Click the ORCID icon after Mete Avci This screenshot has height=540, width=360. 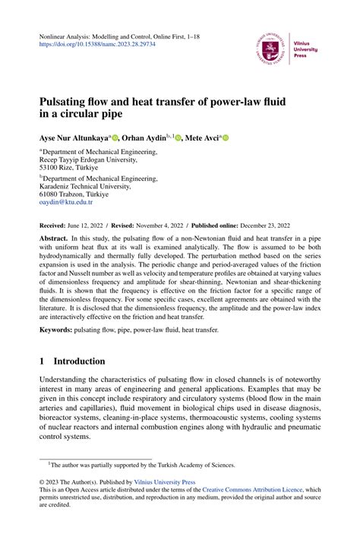(226, 139)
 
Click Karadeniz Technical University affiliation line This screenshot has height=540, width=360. (88, 184)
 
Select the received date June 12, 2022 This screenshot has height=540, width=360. (92, 226)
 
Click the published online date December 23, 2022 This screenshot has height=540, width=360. (269, 226)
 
